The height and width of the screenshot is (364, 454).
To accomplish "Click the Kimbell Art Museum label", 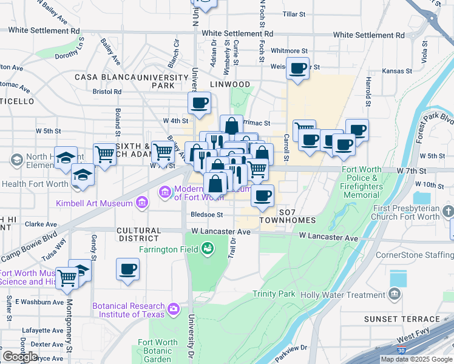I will [x=94, y=203].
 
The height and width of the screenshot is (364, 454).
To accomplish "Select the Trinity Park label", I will [x=274, y=294].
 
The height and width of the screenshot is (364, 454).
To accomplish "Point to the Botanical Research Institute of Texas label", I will [x=129, y=310].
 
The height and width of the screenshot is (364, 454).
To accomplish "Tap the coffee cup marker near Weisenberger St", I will [x=297, y=69].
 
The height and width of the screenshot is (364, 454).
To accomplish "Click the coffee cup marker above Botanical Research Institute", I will [x=127, y=269].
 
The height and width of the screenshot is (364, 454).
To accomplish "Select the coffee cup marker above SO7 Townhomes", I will [x=262, y=195].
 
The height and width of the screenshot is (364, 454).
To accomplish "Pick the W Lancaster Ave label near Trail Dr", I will [x=220, y=232].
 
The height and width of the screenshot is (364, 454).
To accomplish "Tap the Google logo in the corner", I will [x=20, y=357].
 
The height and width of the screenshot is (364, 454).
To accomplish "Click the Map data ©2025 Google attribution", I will [x=416, y=359].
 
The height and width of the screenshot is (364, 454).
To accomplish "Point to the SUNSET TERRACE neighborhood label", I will [x=402, y=319].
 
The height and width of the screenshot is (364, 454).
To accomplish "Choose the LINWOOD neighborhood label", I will [x=230, y=84].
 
